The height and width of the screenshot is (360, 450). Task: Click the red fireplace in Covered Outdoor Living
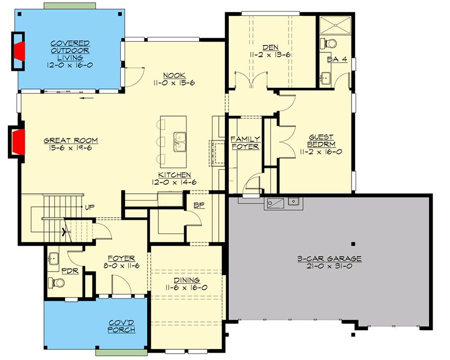pos(20,51)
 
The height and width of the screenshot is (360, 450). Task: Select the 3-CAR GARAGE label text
pos(329,258)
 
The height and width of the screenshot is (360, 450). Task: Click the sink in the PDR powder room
pos(53,259)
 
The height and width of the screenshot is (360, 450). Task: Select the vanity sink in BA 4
pos(326,79)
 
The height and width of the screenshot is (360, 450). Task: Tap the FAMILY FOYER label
pos(245,142)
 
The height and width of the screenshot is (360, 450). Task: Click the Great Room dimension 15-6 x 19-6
pos(70,148)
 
